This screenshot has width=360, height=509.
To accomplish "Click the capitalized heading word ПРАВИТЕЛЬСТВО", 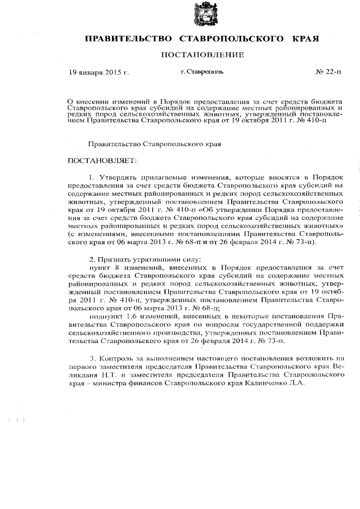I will click(x=128, y=39).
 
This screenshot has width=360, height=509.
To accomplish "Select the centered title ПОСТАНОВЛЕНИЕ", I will click(x=202, y=55).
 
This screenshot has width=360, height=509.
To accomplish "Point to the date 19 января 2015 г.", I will click(x=98, y=73).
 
